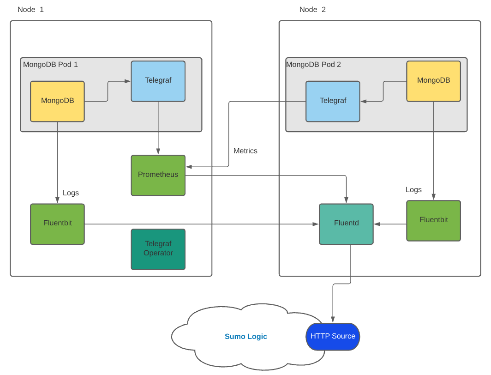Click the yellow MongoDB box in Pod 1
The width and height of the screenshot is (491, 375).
57,101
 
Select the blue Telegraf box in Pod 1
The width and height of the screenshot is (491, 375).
158,81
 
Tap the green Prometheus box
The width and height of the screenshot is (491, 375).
158,175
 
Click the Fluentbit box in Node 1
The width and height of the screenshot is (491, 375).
57,224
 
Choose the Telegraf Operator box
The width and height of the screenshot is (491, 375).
158,249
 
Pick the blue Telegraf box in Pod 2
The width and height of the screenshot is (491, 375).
333,101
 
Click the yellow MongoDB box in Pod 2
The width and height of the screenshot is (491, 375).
433,81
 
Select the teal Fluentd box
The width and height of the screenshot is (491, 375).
346,224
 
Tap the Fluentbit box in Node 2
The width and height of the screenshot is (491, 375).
433,220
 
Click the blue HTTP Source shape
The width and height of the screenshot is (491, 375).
333,336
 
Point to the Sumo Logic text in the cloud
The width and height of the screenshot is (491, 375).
245,337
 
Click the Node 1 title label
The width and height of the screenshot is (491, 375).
30,9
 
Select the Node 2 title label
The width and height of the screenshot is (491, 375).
312,9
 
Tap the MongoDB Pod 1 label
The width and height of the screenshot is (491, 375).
50,65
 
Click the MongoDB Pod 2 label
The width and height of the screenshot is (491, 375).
313,65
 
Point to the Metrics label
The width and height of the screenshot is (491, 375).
245,151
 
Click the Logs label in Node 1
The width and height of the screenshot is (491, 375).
71,193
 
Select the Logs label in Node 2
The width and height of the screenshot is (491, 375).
413,190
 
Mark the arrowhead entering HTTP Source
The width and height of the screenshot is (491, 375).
333,320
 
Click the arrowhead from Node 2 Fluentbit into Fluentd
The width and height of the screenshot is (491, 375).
377,224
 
